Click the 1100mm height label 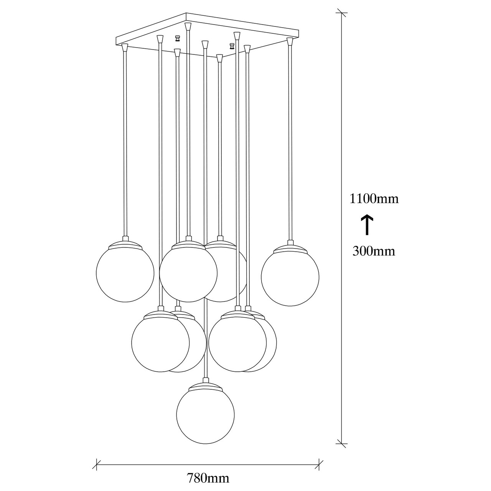pyautogui.click(x=374, y=198)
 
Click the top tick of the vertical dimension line pyautogui.click(x=341, y=13)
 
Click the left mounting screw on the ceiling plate pyautogui.click(x=177, y=38)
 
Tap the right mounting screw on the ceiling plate pyautogui.click(x=232, y=46)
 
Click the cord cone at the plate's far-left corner pyautogui.click(x=125, y=48)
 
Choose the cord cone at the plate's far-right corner pyautogui.click(x=290, y=41)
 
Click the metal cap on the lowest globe pyautogui.click(x=205, y=386)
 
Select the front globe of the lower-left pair pyautogui.click(x=160, y=343)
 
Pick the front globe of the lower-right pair pyautogui.click(x=237, y=343)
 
